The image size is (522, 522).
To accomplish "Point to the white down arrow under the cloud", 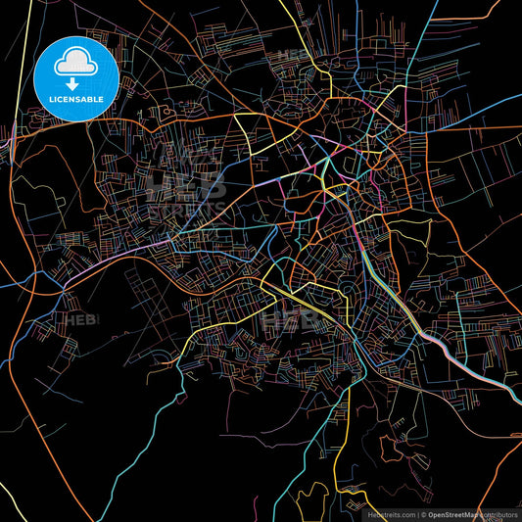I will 74,71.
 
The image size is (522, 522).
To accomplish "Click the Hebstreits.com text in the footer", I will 390,514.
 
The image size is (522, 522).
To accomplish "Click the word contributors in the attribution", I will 499,514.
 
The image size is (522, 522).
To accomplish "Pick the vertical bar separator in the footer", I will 418,514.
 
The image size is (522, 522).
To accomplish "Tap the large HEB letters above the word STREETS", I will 186,181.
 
